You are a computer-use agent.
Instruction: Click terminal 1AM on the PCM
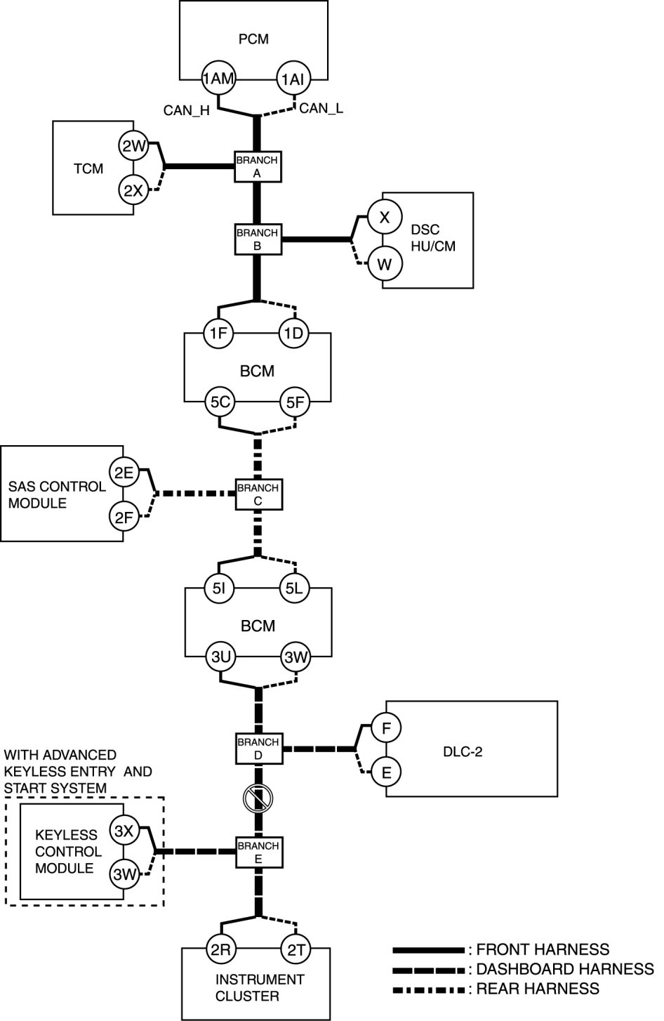click(x=218, y=79)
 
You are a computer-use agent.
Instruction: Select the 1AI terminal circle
click(x=293, y=79)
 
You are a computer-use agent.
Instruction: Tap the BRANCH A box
click(x=257, y=166)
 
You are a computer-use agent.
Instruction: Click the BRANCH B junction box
click(x=257, y=239)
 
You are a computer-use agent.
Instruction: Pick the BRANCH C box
click(x=257, y=494)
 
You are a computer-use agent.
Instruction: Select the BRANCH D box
click(x=257, y=749)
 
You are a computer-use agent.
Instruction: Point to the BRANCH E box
click(x=257, y=852)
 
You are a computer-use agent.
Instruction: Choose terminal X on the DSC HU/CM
click(x=384, y=217)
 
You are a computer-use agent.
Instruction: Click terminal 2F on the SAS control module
click(x=124, y=518)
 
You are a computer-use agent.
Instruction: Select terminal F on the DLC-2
click(x=385, y=729)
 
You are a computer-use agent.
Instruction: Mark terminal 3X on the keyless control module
click(x=124, y=831)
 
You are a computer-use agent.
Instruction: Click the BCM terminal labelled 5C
click(x=219, y=403)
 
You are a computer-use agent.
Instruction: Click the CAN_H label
click(x=187, y=110)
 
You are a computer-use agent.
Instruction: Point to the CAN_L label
click(x=321, y=108)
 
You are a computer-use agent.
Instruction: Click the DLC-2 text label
click(x=463, y=752)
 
